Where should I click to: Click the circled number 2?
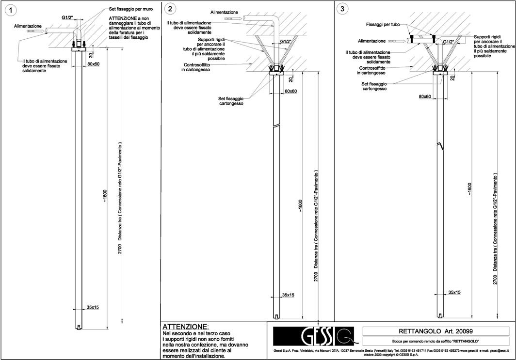coord(170,9)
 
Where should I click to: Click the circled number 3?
coord(343,9)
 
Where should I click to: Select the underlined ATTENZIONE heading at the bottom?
coord(186,327)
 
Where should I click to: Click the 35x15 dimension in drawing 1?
coord(93,307)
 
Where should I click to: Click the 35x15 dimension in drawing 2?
coord(289,295)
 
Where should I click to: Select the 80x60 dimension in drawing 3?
coord(425,96)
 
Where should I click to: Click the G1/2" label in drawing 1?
coord(68,17)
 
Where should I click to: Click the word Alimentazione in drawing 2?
coord(225,11)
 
